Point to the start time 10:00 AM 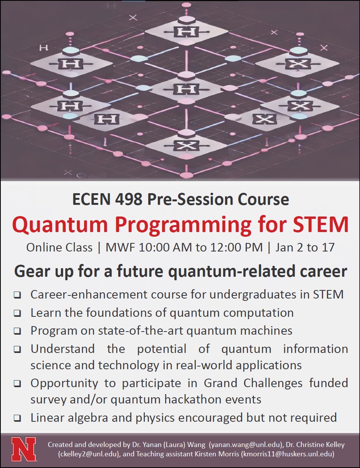[x=165, y=248]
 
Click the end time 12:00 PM [x=236, y=248]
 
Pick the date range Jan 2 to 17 [x=305, y=248]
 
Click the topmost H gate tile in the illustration [x=186, y=32]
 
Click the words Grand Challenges [x=253, y=383]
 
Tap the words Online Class [x=59, y=248]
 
